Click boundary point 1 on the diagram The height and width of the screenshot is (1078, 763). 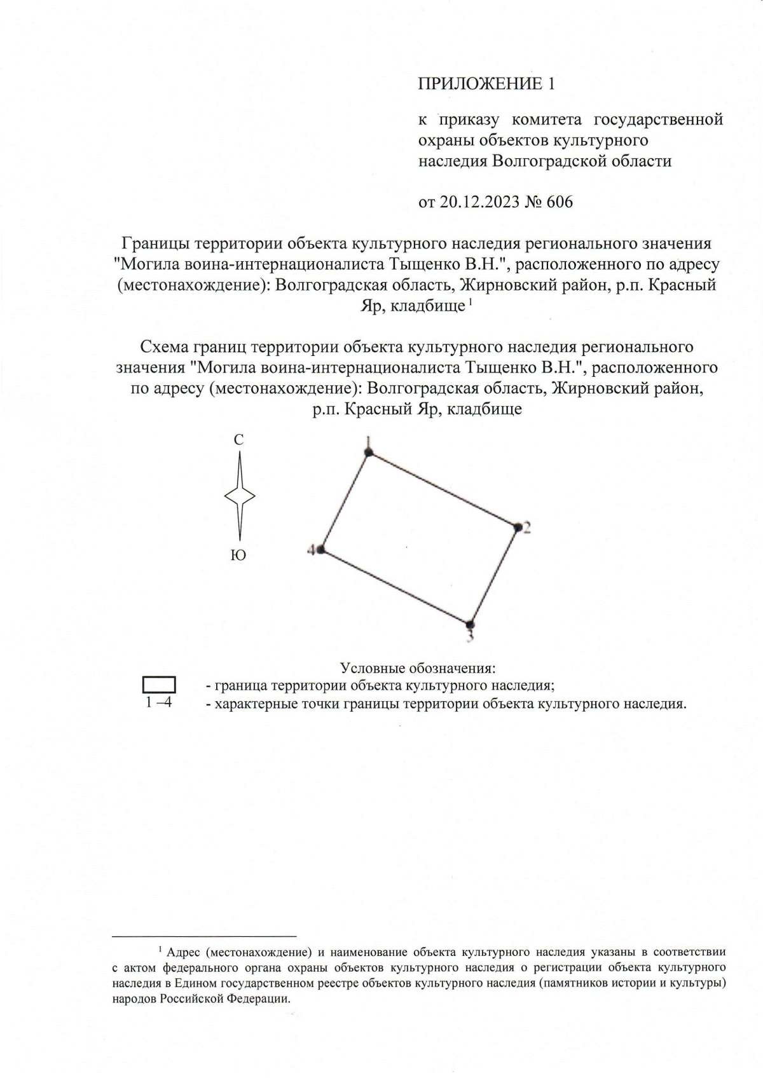368,452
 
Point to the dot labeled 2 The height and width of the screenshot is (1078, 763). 518,527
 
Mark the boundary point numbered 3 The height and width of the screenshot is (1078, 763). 469,624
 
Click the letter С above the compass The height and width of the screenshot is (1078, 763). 238,440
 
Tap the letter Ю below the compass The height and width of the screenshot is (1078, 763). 238,556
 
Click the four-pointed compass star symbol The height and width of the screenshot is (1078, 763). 240,496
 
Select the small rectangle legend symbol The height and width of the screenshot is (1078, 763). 159,685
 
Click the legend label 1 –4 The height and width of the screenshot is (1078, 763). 159,703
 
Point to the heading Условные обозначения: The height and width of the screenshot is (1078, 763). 418,669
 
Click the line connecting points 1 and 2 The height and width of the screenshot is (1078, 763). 443,489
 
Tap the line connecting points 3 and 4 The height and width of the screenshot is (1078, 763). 395,587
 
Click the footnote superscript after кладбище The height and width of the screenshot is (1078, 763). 469,303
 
